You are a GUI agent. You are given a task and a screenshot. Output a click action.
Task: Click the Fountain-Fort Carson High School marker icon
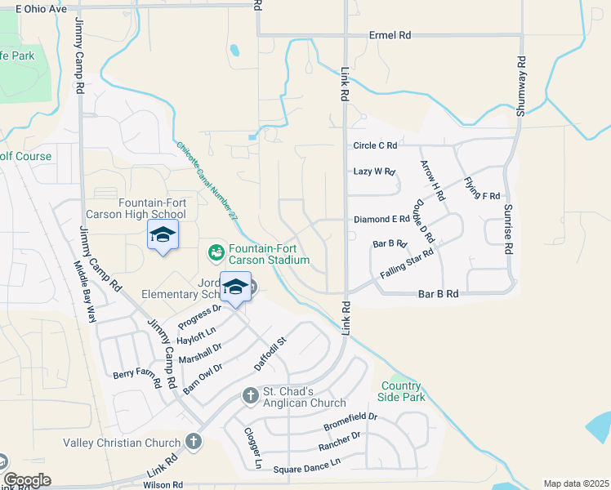(163, 234)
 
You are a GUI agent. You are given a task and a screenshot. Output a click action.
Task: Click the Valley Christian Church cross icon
(193, 443)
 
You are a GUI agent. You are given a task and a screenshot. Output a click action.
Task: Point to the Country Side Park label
(402, 392)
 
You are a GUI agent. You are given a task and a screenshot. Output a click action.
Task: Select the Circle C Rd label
(375, 145)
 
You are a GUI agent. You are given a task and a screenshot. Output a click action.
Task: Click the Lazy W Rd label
(374, 171)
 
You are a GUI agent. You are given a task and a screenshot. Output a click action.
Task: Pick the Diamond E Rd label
(381, 220)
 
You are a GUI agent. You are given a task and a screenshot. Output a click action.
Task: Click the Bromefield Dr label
(350, 421)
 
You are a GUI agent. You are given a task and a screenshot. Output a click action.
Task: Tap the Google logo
(27, 480)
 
